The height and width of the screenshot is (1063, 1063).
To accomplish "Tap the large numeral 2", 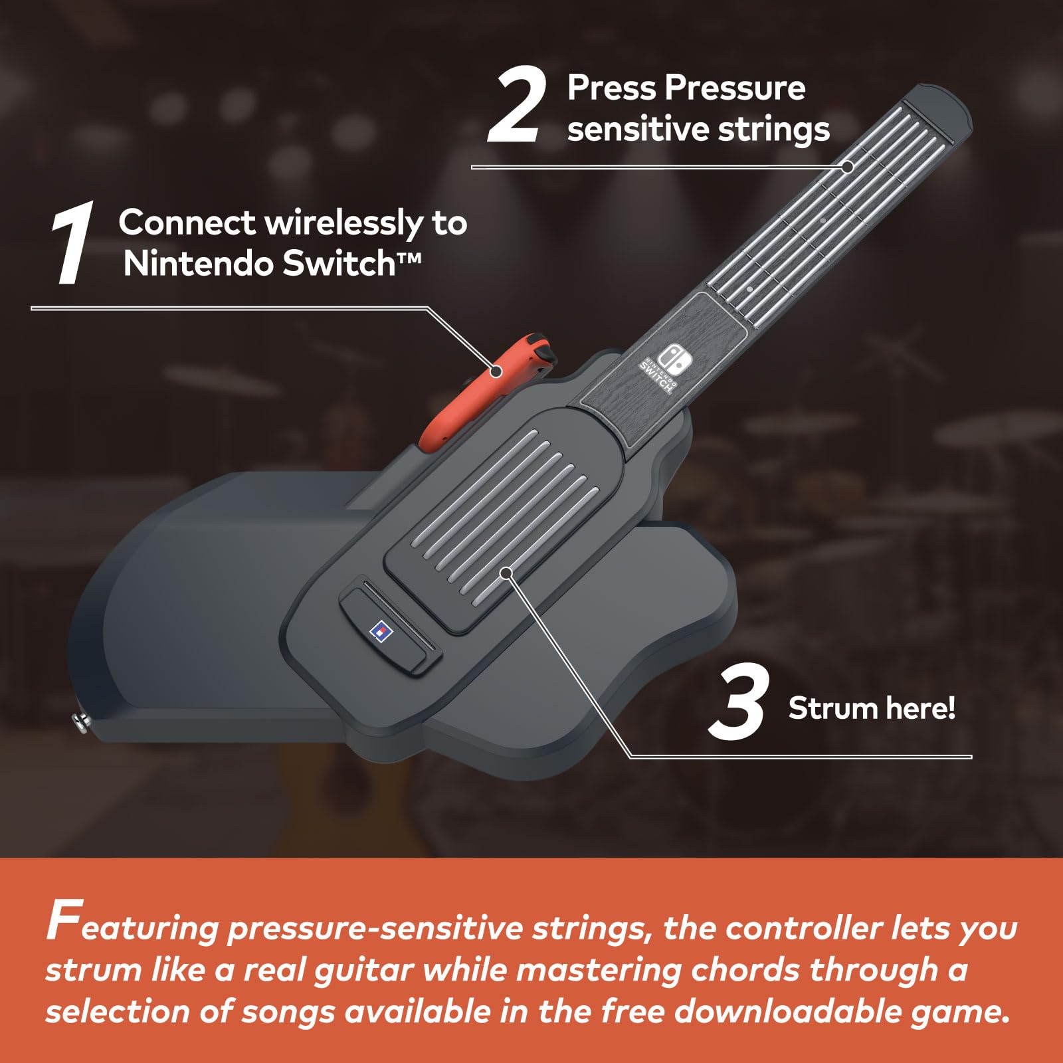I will [517, 106].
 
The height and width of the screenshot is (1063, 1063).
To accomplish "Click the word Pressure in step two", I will [735, 88].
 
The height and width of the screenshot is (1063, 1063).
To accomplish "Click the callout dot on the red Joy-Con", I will [495, 371].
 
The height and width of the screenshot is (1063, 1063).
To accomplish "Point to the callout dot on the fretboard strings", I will [847, 167].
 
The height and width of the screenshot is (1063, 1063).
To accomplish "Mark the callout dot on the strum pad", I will [506, 572].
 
